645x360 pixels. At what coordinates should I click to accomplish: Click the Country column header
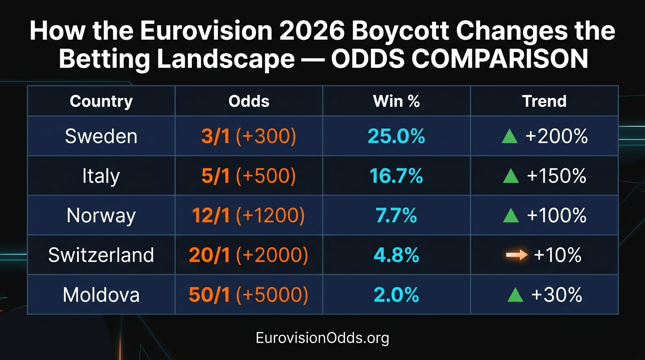click(x=101, y=101)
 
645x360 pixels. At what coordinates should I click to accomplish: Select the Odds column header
click(x=249, y=101)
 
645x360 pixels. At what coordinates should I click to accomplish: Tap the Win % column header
click(x=396, y=101)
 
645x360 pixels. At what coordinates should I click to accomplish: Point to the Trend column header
click(x=544, y=101)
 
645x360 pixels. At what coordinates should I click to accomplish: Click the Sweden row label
click(x=101, y=136)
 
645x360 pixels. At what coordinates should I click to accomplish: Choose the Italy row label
click(x=101, y=176)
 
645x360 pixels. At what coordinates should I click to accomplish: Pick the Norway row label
click(x=101, y=216)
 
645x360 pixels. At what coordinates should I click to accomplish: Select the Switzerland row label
click(x=101, y=255)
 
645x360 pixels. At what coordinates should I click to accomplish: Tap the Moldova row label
click(x=101, y=295)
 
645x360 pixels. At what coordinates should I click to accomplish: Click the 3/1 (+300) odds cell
click(x=249, y=136)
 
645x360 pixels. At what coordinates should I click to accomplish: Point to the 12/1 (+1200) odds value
click(x=248, y=216)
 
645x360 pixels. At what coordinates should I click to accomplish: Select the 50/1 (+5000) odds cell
click(x=248, y=295)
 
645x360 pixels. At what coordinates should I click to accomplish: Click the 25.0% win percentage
click(x=396, y=136)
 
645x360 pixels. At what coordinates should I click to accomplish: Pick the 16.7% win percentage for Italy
click(x=396, y=176)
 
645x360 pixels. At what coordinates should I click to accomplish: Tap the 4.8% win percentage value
click(x=396, y=255)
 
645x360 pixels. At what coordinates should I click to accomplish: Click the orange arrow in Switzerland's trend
click(x=517, y=255)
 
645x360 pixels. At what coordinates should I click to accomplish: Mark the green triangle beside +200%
click(x=510, y=137)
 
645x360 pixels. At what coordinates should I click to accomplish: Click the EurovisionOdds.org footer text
click(x=322, y=338)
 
